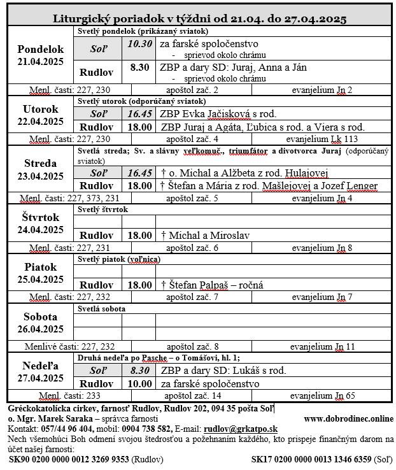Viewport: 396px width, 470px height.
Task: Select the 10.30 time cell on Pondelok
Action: click(139, 44)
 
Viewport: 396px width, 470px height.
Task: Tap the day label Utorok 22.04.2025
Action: click(40, 115)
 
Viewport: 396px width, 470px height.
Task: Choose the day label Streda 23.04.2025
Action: click(40, 169)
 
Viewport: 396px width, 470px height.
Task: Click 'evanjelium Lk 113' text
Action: click(322, 139)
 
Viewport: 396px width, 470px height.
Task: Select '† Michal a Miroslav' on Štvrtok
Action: click(205, 235)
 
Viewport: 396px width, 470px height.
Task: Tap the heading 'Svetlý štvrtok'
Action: click(103, 209)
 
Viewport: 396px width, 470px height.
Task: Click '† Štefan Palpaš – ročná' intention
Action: click(213, 285)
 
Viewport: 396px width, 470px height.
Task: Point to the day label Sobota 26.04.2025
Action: click(40, 322)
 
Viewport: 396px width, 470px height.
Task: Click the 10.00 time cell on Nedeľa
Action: click(139, 383)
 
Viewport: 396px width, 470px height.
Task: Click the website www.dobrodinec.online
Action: click(348, 418)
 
